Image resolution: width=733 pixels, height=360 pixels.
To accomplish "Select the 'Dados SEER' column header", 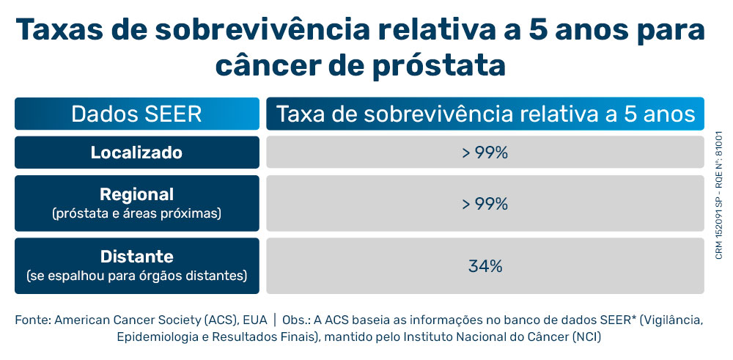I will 136,114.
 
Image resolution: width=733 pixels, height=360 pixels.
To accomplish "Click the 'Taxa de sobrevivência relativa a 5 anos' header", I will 485,114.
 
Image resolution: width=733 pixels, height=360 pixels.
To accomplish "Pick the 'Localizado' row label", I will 136,153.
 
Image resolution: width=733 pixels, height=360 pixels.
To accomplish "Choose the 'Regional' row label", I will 136,194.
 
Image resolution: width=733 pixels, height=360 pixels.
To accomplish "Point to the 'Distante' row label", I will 136,257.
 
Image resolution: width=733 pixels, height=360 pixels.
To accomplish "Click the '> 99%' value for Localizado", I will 485,153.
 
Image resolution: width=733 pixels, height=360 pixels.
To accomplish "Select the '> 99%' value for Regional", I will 485,203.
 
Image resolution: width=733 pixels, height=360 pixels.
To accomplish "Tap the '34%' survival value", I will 485,266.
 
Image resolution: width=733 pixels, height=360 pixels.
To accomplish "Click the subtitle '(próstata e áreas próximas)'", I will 136,213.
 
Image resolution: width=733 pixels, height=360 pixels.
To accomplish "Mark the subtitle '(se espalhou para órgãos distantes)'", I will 136,276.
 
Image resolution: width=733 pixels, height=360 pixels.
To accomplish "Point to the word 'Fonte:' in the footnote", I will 32,320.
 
